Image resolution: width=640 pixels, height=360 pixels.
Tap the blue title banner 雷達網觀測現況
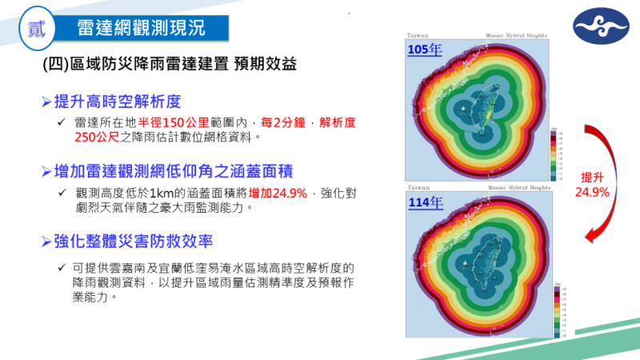(141, 27)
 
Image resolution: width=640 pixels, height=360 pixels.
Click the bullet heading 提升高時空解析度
(118, 102)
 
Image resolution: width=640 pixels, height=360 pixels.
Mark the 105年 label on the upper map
(425, 50)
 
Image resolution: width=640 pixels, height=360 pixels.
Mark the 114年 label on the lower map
(425, 202)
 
